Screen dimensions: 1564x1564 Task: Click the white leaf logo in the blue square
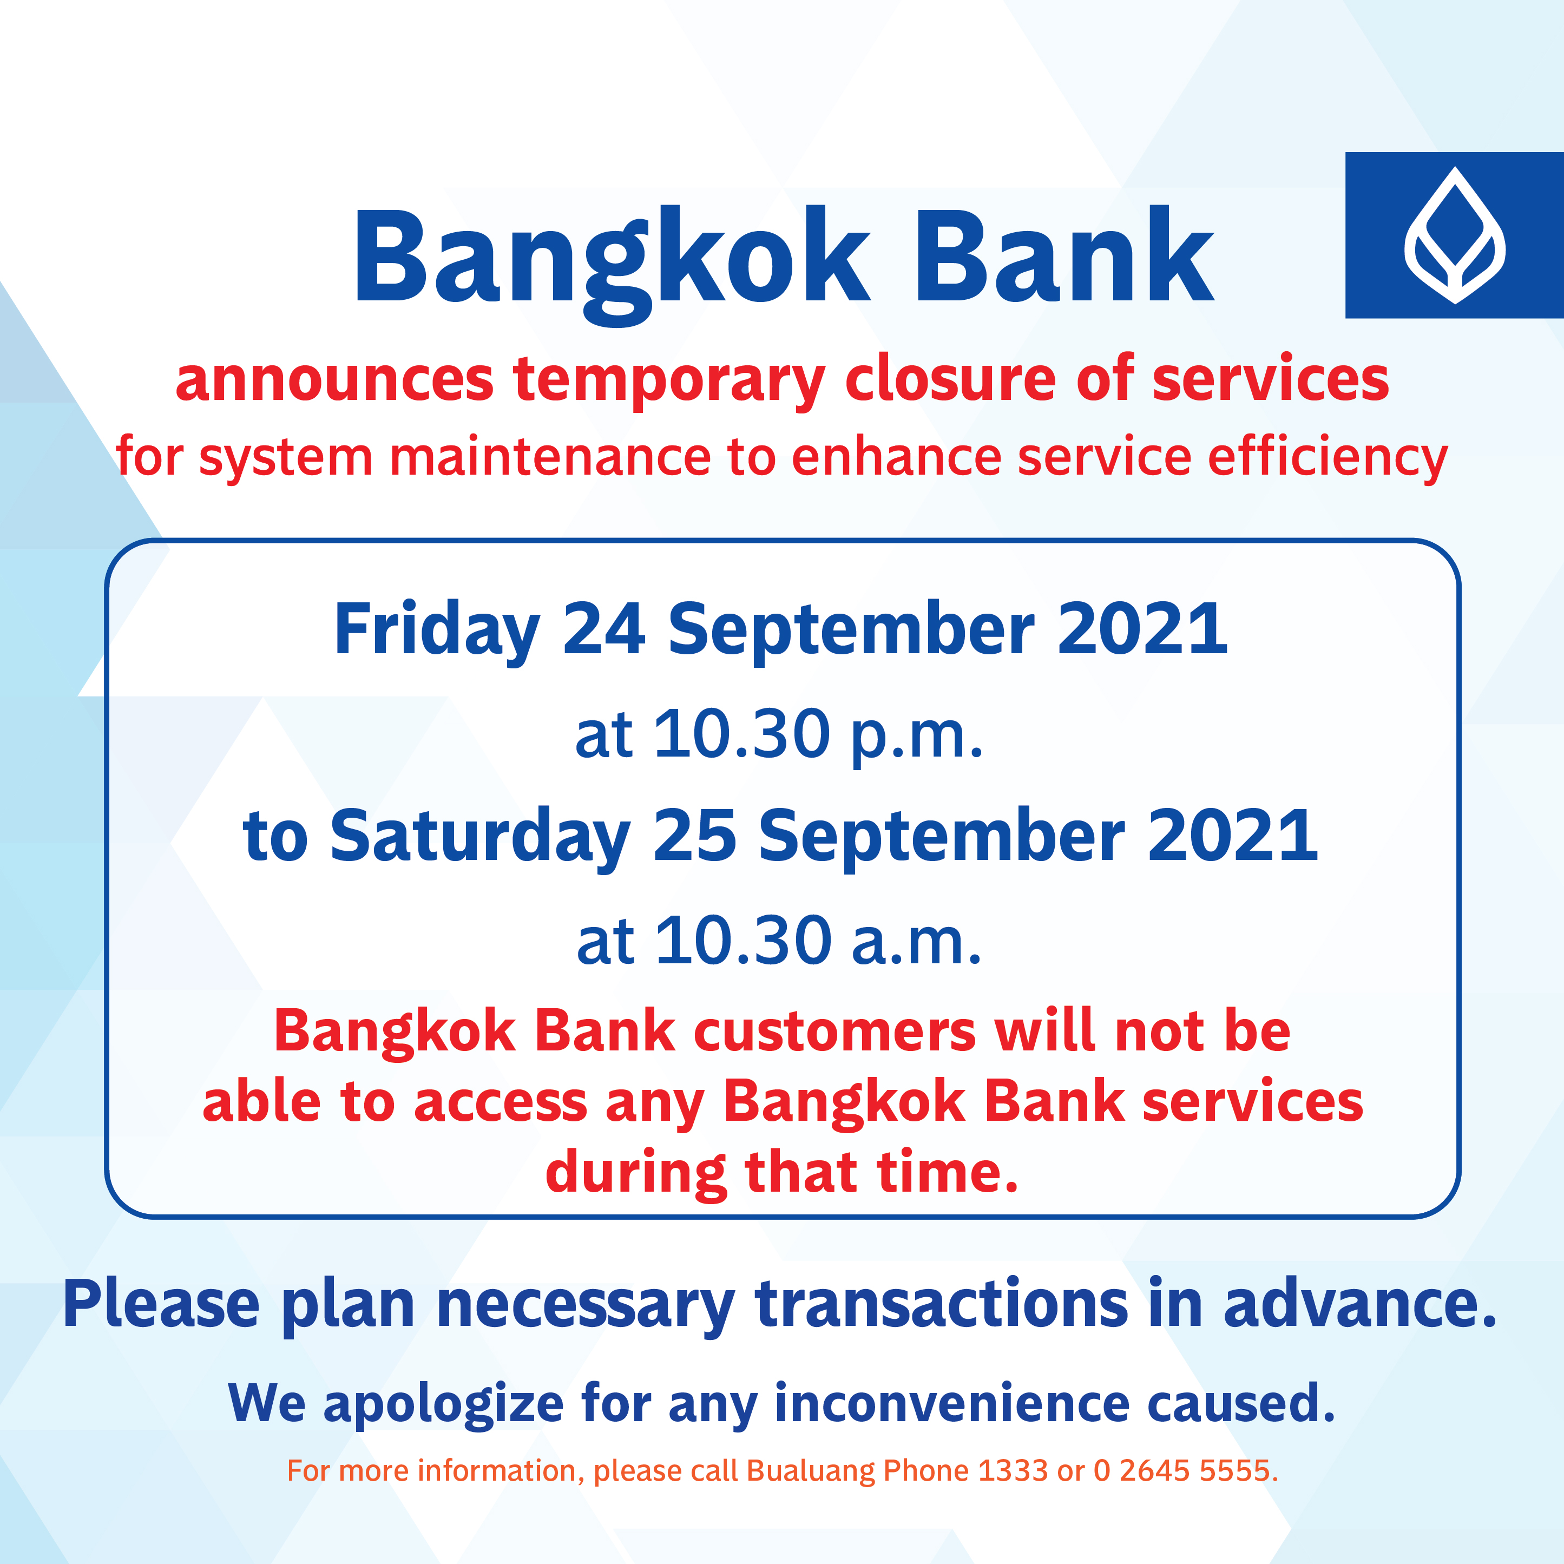point(1455,235)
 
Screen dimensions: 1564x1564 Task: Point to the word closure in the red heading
point(950,378)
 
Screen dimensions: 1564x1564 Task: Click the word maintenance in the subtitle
point(550,457)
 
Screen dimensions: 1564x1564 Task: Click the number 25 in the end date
point(694,836)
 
